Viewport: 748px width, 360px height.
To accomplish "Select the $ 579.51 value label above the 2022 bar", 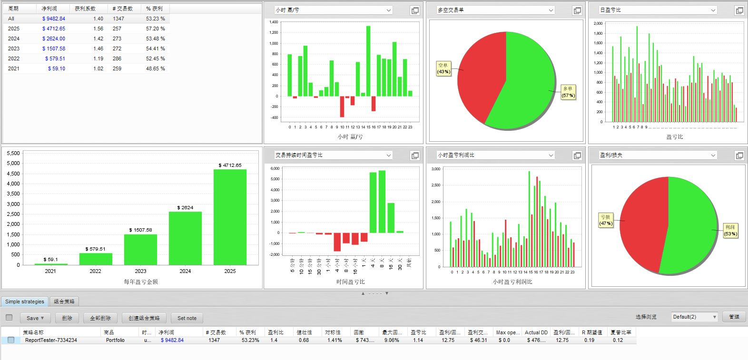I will (95, 249).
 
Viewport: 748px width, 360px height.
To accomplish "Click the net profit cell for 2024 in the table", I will (54, 39).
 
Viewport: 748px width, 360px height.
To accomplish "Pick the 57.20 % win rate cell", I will (155, 29).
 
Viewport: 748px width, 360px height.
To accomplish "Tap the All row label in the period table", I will (11, 19).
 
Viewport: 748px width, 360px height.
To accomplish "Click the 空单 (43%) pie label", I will (443, 68).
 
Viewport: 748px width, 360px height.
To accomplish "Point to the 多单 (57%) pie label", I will (568, 92).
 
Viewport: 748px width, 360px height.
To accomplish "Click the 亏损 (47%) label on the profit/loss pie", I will (605, 220).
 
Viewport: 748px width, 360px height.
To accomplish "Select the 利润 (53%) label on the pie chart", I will (730, 230).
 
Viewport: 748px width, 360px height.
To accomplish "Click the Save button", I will (35, 318).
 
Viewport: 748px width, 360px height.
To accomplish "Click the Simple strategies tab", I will (25, 302).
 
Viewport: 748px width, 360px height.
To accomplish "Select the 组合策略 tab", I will (64, 302).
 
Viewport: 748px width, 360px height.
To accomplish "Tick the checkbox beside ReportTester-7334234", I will (11, 340).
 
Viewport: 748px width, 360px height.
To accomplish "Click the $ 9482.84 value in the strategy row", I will (172, 340).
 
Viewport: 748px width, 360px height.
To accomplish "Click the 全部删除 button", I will (100, 318).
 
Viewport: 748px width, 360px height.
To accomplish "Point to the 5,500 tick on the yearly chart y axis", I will (13, 153).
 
